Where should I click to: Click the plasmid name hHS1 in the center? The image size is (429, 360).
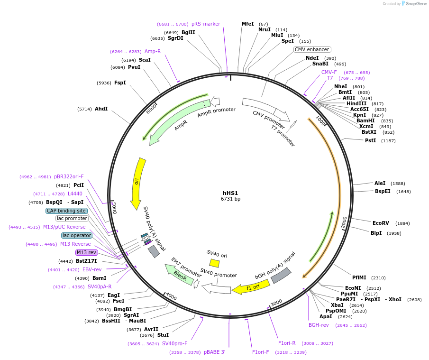tap(230, 193)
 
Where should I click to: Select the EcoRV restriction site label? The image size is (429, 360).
tap(381, 223)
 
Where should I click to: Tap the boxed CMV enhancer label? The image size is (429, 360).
tap(312, 49)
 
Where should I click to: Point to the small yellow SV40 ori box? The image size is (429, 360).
tap(215, 263)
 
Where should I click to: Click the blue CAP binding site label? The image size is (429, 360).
tap(67, 211)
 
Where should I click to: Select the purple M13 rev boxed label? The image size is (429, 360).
tap(86, 252)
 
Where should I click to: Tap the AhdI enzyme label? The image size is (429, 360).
tap(101, 109)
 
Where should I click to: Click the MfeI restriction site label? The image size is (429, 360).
tap(247, 24)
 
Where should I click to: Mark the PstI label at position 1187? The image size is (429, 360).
tap(370, 140)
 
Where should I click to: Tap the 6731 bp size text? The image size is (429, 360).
tap(230, 199)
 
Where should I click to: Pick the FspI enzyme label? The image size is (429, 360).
tap(120, 83)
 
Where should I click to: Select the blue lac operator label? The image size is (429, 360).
tap(77, 235)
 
